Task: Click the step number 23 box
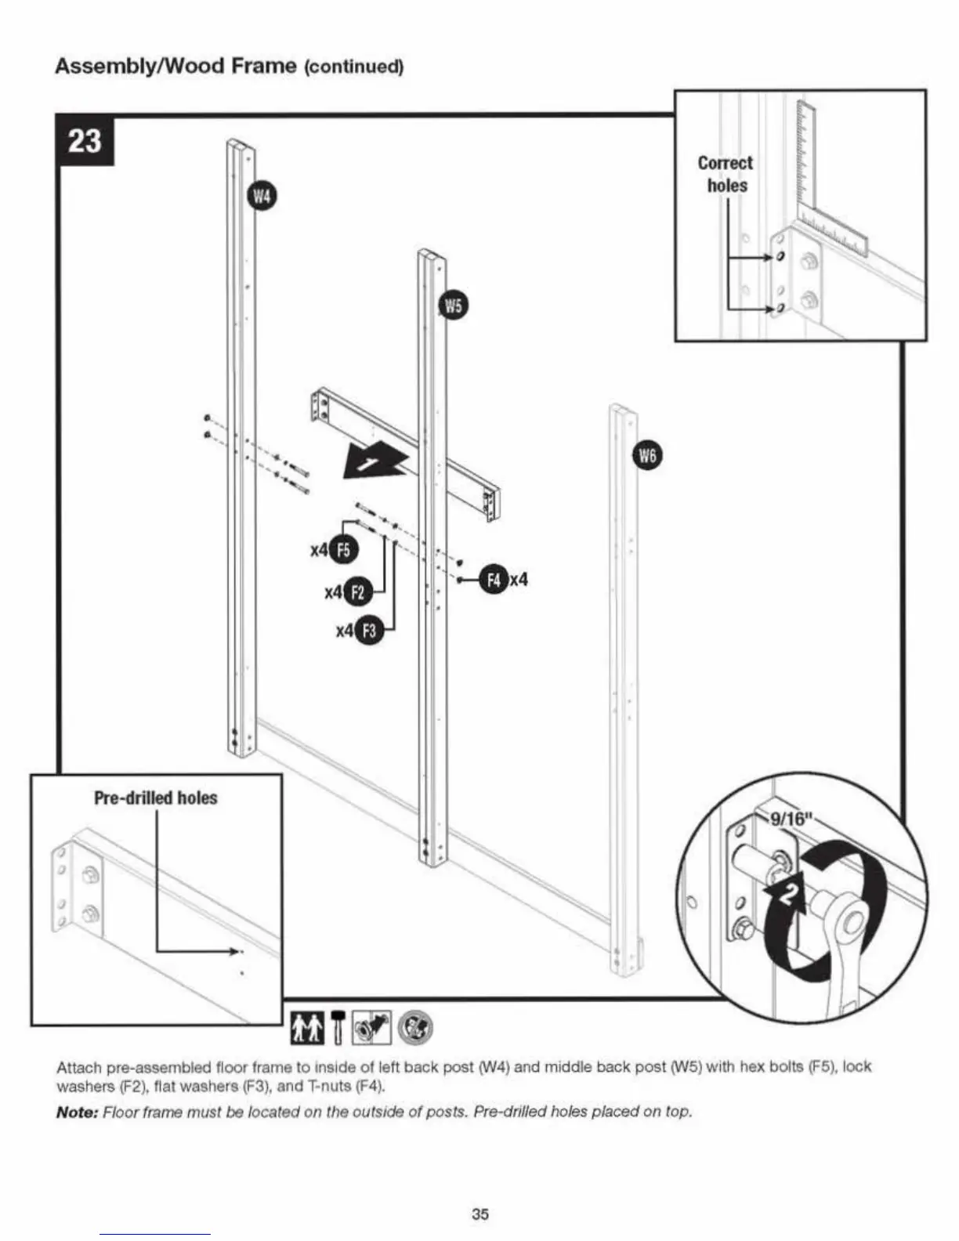85,141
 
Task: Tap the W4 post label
262,196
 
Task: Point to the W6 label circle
647,456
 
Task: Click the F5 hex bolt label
343,550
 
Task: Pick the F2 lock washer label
357,592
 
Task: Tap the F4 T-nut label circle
494,580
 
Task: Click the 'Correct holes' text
726,174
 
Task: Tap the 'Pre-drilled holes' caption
155,798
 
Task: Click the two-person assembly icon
306,1028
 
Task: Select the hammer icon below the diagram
338,1027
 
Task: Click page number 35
479,1214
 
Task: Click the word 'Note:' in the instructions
76,1112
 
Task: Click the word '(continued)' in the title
353,67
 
